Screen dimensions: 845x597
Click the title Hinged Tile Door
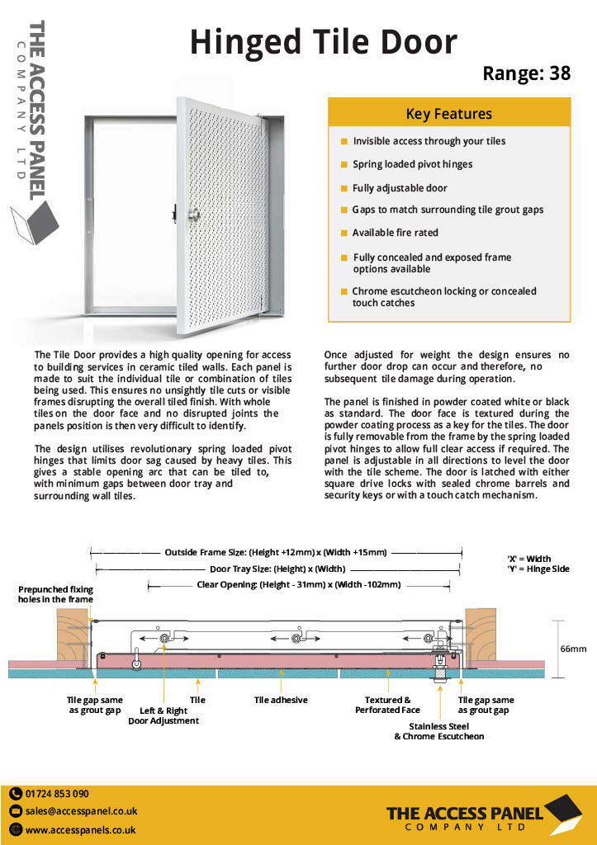click(x=323, y=42)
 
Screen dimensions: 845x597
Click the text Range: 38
click(x=526, y=73)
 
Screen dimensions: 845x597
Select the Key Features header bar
click(x=448, y=114)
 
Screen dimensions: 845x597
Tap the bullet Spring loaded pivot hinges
click(x=412, y=164)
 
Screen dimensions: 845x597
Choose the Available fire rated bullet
click(x=395, y=233)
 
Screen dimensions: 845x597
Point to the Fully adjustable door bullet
click(x=400, y=188)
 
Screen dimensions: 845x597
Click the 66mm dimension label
click(x=573, y=649)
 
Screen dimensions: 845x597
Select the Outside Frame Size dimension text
click(x=275, y=552)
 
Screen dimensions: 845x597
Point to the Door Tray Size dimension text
click(x=277, y=569)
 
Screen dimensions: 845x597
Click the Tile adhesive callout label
click(x=281, y=700)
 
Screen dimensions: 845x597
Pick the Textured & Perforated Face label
click(x=387, y=705)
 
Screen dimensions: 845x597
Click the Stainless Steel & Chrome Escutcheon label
click(x=438, y=731)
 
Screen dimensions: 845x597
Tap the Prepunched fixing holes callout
click(x=56, y=594)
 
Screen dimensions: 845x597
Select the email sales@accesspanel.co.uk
click(x=81, y=811)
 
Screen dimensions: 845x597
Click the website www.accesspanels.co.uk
click(x=80, y=830)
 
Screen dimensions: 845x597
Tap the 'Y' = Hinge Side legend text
click(x=538, y=569)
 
